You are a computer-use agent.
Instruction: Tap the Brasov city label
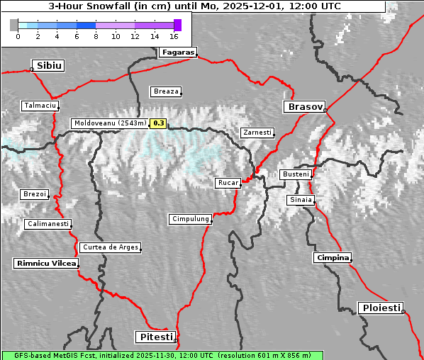tap(303, 107)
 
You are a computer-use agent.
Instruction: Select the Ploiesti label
tap(381, 308)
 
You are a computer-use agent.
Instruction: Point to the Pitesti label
tap(155, 337)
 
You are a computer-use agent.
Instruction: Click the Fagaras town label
tap(177, 52)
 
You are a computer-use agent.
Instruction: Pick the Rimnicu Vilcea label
tap(45, 264)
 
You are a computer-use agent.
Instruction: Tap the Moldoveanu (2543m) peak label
tap(110, 123)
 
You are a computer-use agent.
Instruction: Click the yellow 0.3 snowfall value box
tap(158, 123)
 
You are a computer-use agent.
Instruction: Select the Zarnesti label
tap(256, 133)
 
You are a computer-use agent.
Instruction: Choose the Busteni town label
tap(295, 174)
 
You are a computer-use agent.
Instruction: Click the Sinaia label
tap(301, 200)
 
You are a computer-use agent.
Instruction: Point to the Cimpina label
tap(333, 257)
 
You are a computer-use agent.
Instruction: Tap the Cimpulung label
tap(190, 220)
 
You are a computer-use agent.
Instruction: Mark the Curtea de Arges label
tap(110, 247)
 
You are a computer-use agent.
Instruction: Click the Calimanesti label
tap(48, 224)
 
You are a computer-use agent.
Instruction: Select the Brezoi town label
tap(34, 194)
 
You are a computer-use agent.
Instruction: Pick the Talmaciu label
tap(40, 106)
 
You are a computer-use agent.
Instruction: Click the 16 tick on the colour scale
tap(174, 35)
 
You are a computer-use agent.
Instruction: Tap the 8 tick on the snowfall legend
tap(96, 35)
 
